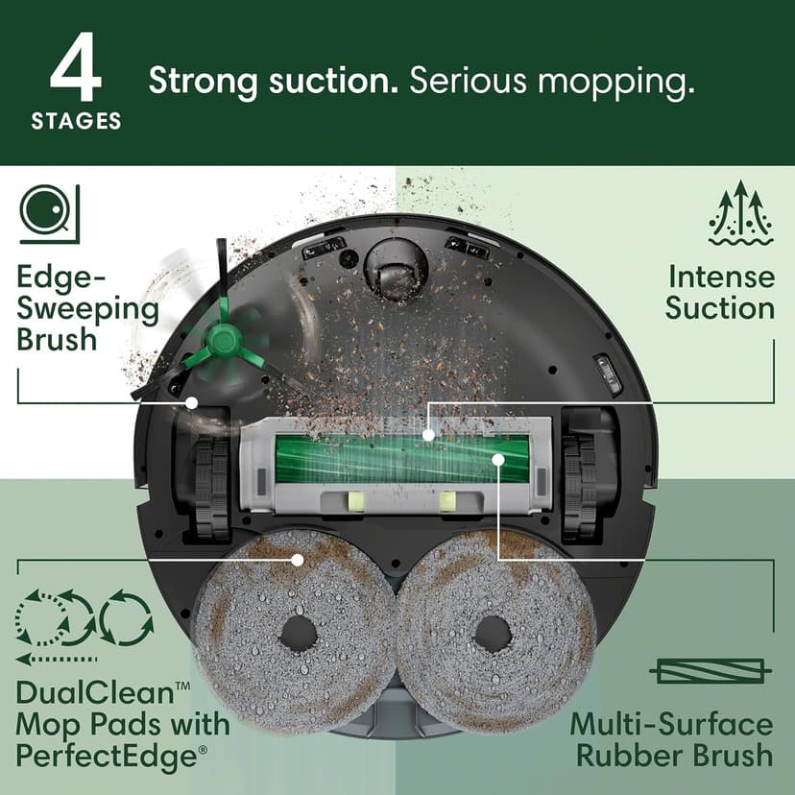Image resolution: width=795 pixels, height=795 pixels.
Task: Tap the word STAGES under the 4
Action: coord(76,122)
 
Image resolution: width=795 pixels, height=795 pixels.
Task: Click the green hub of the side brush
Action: coord(222,340)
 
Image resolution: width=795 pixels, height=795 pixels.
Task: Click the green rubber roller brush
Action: coord(401,458)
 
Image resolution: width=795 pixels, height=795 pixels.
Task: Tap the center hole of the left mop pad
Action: coord(298,632)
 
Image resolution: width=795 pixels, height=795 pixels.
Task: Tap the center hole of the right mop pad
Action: coord(493,632)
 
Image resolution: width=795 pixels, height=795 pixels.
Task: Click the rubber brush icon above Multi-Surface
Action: coord(711,670)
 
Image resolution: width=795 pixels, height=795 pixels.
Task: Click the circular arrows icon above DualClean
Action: coord(84,619)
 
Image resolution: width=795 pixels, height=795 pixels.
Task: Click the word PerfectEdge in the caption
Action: coord(111,755)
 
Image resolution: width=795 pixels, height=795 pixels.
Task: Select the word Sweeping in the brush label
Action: coord(88,309)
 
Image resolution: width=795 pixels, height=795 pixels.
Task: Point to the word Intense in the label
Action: coord(721,277)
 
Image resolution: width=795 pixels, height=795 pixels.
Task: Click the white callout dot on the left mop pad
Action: coord(298,559)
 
